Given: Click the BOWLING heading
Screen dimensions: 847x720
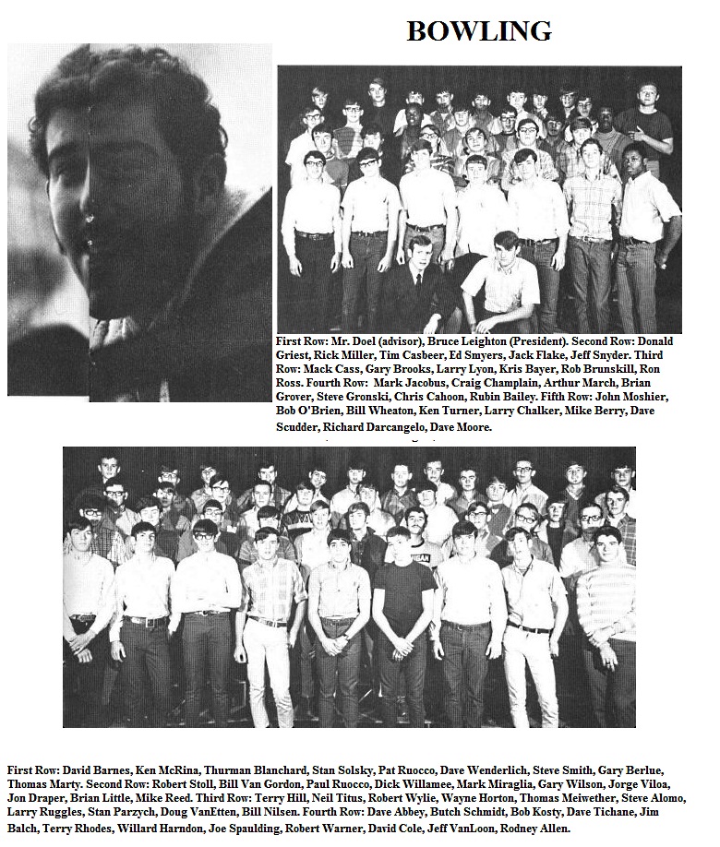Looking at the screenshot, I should tap(478, 31).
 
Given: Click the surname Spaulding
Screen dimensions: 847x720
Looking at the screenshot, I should tap(332, 829).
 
